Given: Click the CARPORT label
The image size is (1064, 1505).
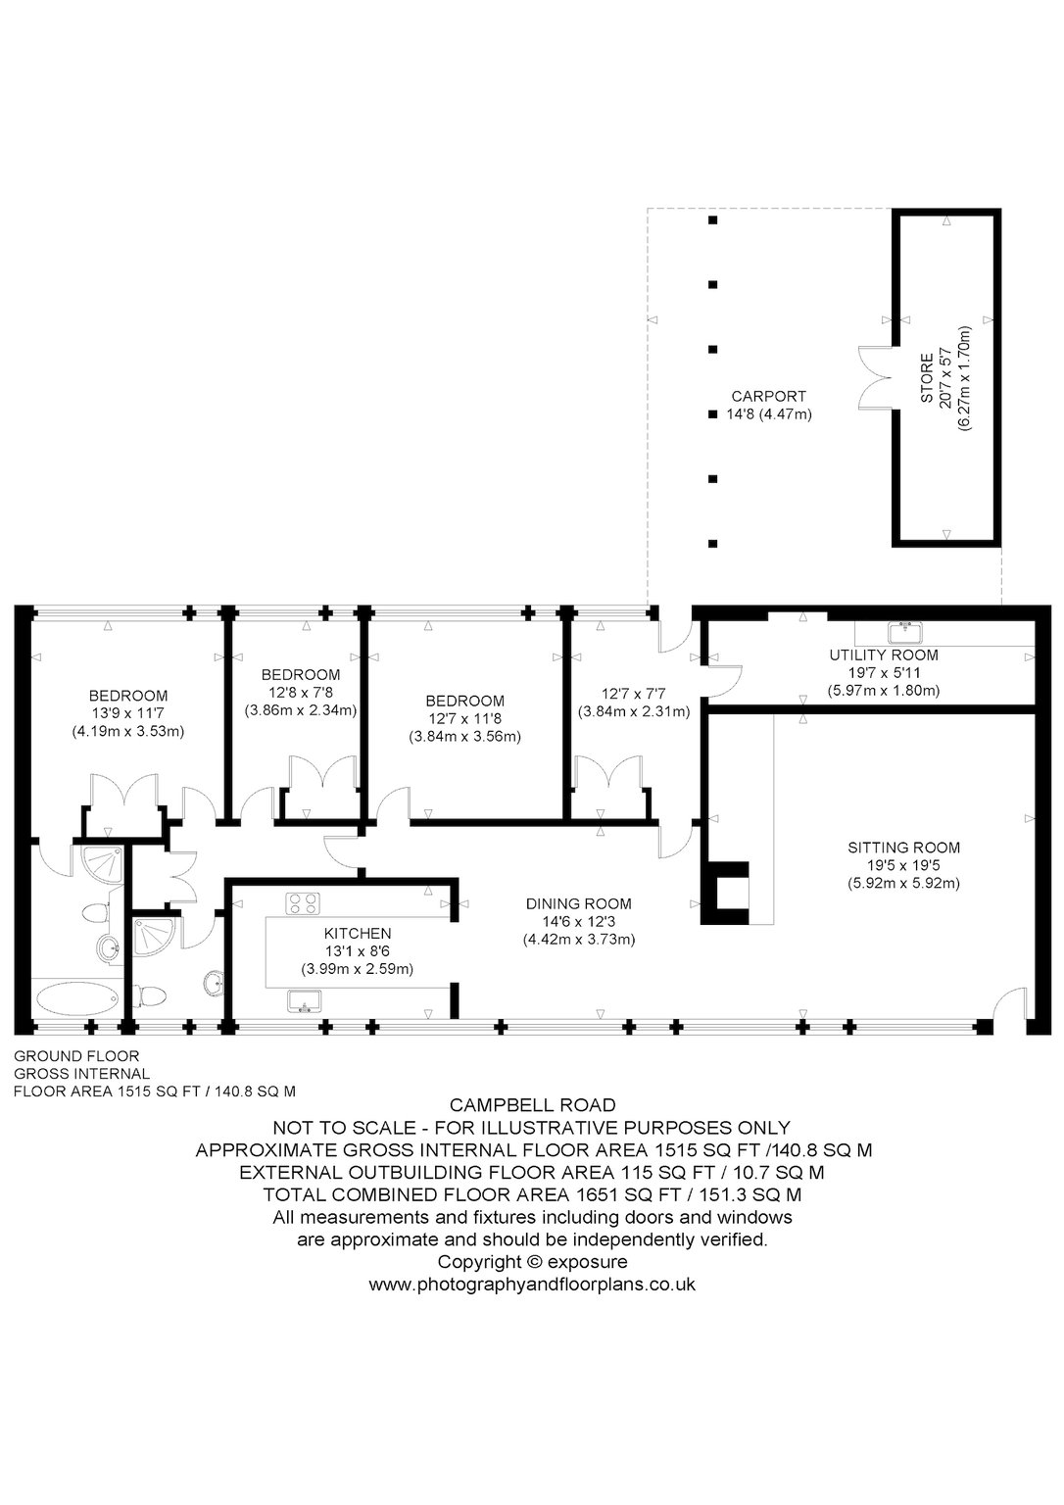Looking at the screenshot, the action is pos(768,397).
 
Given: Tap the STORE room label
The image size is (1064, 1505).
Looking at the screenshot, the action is pos(927,378).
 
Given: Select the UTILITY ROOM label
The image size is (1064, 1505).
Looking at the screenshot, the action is pos(884,655).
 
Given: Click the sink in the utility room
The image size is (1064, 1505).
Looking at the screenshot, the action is pos(905,632).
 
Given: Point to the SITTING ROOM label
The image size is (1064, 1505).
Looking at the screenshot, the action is pos(903,848).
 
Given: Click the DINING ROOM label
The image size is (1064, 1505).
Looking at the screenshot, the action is pos(578,904).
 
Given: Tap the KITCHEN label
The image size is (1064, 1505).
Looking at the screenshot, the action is pos(358,933).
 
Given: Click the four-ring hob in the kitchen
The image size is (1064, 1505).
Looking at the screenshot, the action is pos(303,903).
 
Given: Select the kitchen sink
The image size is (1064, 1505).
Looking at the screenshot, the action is pos(305,1001).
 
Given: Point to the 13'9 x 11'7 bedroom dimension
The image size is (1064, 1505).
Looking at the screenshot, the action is pos(128,713).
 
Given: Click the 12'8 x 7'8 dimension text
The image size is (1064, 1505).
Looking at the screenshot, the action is pos(300,692).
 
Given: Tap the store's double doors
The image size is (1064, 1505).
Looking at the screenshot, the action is pos(875,377).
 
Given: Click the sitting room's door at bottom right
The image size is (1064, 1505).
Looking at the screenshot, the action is pos(1009,1003).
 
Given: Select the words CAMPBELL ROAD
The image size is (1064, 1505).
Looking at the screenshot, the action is pos(532,1105).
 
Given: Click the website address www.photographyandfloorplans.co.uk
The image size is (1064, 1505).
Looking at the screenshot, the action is pos(532,1285).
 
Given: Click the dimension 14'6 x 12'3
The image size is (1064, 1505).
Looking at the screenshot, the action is pos(579,922).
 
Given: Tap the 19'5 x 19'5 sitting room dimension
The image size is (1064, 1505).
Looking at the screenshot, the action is pos(903,865).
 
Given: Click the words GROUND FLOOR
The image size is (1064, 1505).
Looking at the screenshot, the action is pos(76,1056).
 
